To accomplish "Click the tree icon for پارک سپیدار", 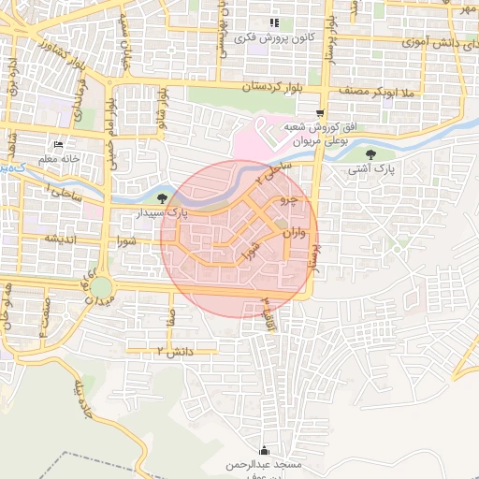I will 164,197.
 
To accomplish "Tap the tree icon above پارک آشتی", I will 371,154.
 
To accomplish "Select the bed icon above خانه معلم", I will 58,145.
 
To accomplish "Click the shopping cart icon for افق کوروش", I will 320,112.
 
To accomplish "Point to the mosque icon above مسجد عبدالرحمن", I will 264,450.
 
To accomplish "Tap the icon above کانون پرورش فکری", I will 273,22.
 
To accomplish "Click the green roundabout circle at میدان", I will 101,286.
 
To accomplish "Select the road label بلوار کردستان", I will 250,86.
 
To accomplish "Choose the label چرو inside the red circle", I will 289,200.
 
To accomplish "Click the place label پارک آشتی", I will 372,171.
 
